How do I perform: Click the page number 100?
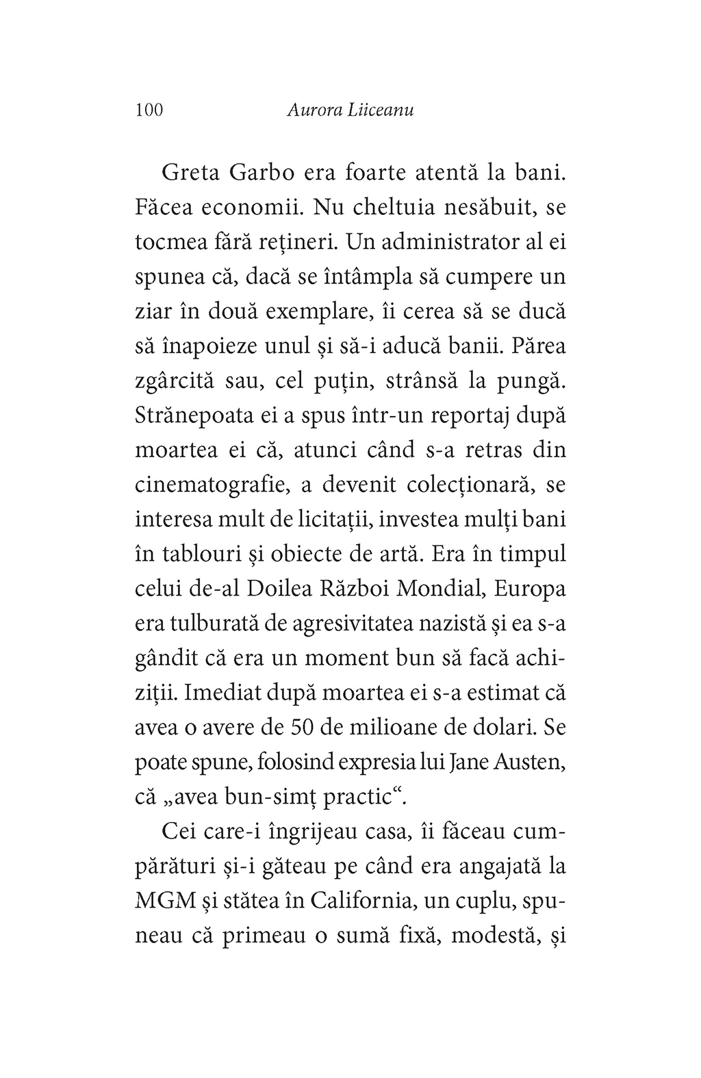tap(149, 110)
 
